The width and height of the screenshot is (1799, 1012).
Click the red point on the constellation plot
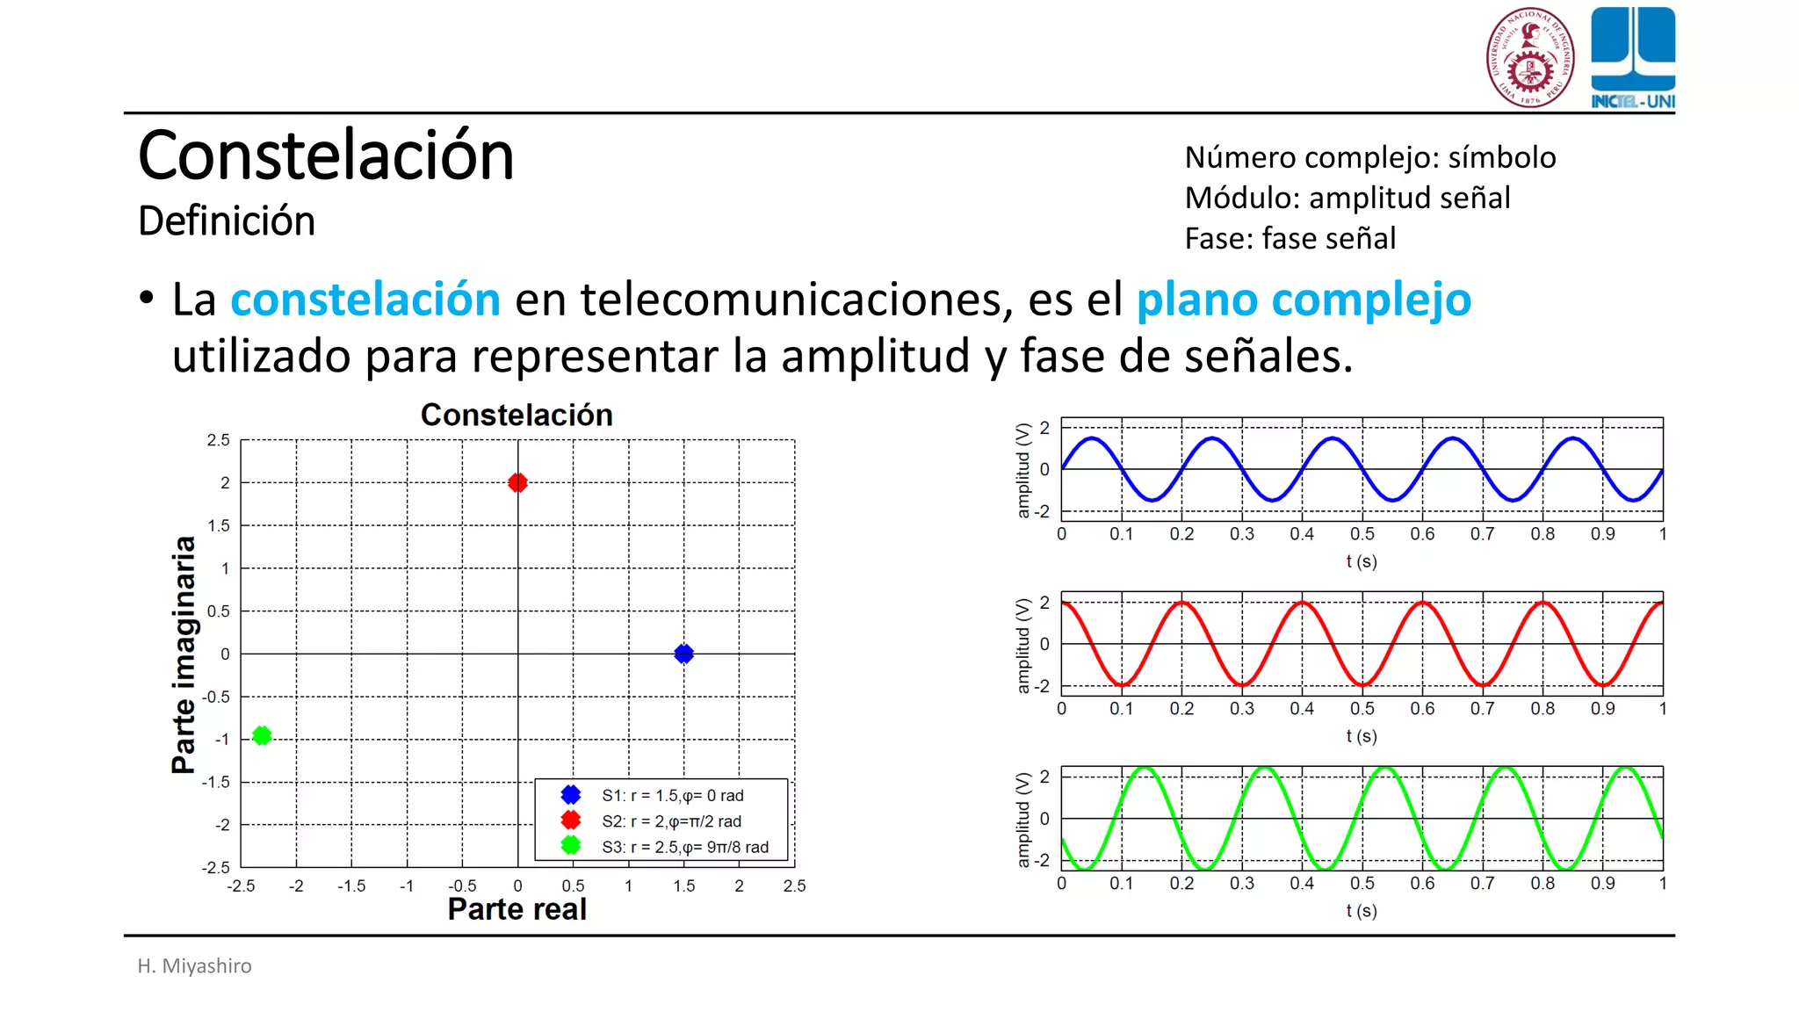(x=517, y=482)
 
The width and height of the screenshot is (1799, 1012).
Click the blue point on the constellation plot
(x=683, y=654)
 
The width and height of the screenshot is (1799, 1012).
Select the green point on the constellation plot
(x=262, y=735)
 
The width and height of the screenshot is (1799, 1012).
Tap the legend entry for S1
(x=672, y=795)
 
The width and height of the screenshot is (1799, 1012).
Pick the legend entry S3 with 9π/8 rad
(x=684, y=847)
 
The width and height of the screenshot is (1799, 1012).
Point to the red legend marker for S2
(x=571, y=820)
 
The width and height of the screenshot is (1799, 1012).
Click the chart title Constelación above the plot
(x=517, y=415)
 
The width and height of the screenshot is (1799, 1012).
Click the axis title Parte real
(x=517, y=909)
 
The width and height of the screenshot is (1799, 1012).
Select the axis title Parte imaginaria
(x=184, y=654)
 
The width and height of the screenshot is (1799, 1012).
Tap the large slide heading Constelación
(x=326, y=155)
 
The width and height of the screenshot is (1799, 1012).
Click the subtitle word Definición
(x=227, y=220)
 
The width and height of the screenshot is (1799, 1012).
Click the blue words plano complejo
(x=1304, y=300)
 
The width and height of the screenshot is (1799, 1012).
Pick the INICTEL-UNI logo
(x=1632, y=58)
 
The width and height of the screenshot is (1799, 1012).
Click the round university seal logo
(x=1529, y=58)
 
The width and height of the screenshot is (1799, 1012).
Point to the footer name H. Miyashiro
(x=194, y=965)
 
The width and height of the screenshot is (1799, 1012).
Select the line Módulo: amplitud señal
(x=1347, y=198)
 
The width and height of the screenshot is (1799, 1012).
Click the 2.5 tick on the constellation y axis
(x=218, y=440)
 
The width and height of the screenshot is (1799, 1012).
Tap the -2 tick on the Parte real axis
(x=296, y=885)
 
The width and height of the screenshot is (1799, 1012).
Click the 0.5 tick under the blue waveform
(x=1362, y=534)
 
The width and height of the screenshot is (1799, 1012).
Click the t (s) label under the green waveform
(x=1361, y=910)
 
